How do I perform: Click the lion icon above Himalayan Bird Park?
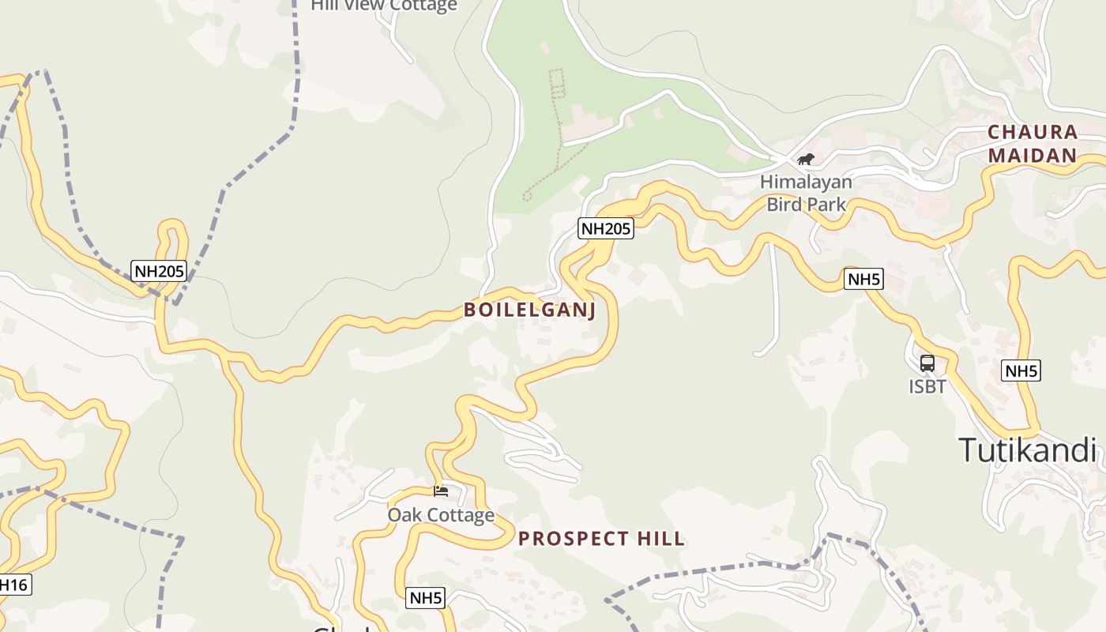click(806, 160)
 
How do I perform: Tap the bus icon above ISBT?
click(927, 363)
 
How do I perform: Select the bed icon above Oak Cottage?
click(441, 491)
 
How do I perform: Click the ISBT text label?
click(927, 386)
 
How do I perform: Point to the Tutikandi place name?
click(1028, 450)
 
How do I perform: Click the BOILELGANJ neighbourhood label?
click(529, 310)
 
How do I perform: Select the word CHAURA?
click(1033, 132)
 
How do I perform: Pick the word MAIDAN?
click(1033, 156)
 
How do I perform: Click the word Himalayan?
click(806, 182)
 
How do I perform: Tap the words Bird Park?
click(806, 205)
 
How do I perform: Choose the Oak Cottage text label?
click(441, 515)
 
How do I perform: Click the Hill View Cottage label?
click(384, 6)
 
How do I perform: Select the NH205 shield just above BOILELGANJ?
click(606, 229)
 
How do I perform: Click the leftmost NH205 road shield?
click(159, 272)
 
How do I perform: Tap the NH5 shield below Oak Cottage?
click(426, 598)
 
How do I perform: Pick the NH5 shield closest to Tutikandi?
click(1021, 371)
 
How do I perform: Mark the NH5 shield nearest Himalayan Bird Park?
click(863, 279)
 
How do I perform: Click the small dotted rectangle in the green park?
click(557, 81)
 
